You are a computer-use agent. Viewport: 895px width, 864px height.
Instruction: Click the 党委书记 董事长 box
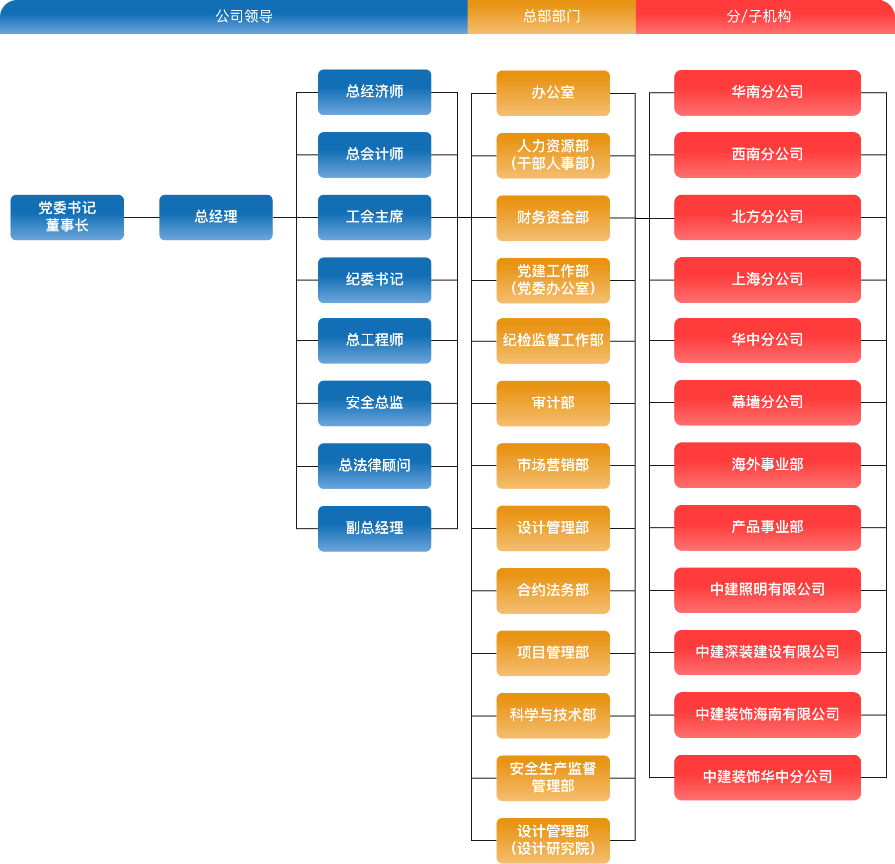point(67,217)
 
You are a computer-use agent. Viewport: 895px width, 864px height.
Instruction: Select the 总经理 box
point(216,217)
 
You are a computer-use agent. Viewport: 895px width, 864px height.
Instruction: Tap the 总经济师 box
point(375,92)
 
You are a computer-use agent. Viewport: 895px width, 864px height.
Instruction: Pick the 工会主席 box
point(375,217)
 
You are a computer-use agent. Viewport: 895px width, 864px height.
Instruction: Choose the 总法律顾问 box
point(375,466)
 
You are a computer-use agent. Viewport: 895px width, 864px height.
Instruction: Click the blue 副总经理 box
point(375,529)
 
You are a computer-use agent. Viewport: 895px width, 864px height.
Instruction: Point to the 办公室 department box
point(553,93)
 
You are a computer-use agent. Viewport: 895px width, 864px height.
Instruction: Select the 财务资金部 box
point(553,218)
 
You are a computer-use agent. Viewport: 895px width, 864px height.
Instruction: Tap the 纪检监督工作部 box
point(553,341)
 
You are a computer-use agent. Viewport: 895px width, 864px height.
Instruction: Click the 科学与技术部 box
point(553,716)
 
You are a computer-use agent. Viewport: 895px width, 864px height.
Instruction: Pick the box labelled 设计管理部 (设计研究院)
point(553,841)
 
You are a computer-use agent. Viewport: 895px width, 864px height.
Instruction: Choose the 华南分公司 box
point(768,93)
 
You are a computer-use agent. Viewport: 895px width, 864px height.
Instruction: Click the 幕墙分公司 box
point(768,403)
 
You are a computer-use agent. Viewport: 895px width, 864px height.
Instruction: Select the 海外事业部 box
point(768,465)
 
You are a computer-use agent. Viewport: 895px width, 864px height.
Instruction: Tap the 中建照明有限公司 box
point(768,590)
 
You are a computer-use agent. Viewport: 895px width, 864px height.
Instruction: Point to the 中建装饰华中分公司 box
point(768,778)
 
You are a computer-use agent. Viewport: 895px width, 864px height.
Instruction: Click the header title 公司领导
point(244,16)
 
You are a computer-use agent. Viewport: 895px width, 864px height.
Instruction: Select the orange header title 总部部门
point(552,16)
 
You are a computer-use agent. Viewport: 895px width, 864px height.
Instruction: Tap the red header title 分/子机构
point(759,16)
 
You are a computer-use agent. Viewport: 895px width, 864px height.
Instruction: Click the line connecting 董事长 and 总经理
point(142,217)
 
